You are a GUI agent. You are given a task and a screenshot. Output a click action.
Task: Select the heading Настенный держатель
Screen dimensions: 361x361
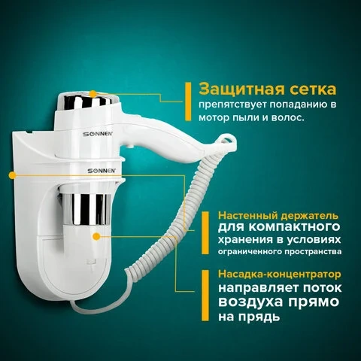278,216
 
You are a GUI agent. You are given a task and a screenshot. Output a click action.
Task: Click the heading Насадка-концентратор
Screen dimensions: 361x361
280,274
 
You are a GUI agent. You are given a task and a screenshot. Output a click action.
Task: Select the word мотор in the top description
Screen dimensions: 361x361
214,117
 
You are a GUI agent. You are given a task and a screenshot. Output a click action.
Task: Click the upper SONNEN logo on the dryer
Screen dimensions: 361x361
98,134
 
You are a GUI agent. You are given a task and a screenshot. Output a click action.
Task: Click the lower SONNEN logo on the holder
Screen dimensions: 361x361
102,171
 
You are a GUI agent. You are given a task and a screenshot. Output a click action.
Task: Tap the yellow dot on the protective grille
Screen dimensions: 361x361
93,94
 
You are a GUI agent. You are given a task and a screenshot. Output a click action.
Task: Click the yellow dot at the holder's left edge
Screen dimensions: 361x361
12,175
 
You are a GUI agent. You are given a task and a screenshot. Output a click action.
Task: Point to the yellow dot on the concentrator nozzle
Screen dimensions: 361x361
96,236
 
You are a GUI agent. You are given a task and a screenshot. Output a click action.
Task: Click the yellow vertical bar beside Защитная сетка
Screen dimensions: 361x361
188,102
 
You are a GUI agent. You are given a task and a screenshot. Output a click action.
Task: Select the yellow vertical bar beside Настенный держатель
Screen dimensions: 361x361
205,233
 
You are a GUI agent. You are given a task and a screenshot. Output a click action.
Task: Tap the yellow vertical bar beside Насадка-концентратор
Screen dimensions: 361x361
205,296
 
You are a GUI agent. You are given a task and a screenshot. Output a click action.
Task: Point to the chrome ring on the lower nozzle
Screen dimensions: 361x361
86,209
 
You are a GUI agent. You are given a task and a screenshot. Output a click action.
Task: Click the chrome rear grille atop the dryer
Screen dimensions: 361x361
86,102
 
